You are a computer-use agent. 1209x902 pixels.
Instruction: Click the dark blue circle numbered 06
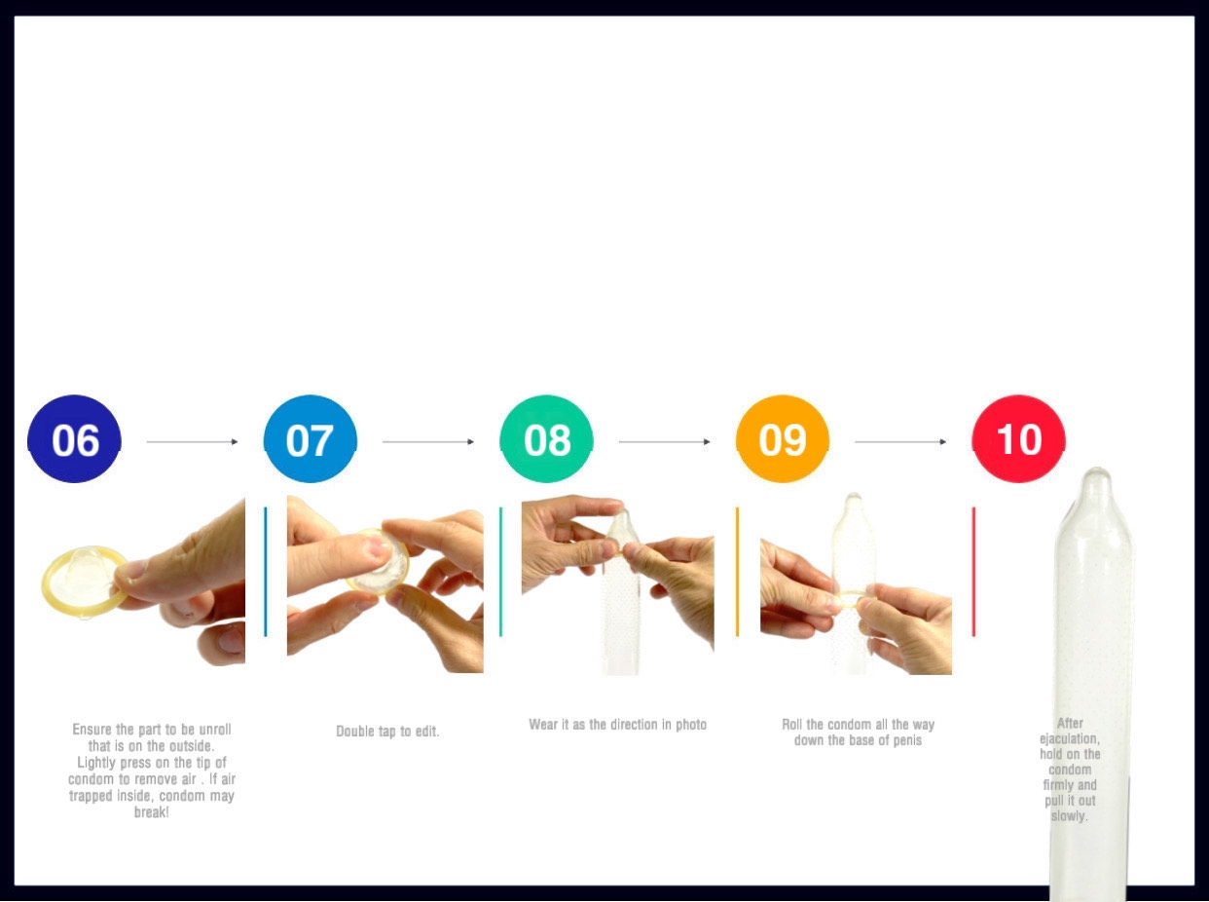pyautogui.click(x=74, y=439)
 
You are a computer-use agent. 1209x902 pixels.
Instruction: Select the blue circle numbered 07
pyautogui.click(x=311, y=439)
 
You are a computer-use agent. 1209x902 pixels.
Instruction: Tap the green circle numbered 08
pyautogui.click(x=546, y=439)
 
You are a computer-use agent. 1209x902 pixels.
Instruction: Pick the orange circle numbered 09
pyautogui.click(x=783, y=439)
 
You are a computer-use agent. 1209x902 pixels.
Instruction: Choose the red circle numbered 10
pyautogui.click(x=1019, y=439)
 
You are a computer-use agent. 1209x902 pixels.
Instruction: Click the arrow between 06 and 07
pyautogui.click(x=192, y=441)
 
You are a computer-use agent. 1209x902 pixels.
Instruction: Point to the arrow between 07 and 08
pyautogui.click(x=428, y=441)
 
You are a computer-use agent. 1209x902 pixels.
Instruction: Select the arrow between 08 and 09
pyautogui.click(x=664, y=441)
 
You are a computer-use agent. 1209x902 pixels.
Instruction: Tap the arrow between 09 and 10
pyautogui.click(x=900, y=441)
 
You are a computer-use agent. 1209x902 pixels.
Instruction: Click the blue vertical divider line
pyautogui.click(x=266, y=572)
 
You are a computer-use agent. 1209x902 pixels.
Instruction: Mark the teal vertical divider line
pyautogui.click(x=500, y=572)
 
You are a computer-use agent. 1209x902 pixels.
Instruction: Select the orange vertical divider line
pyautogui.click(x=738, y=572)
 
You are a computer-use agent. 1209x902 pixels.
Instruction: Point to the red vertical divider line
pyautogui.click(x=973, y=572)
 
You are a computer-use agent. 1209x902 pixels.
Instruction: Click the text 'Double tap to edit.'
pyautogui.click(x=387, y=732)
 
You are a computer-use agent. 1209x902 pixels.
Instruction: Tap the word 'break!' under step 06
pyautogui.click(x=152, y=812)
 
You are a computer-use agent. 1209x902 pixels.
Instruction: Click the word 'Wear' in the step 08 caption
pyautogui.click(x=542, y=724)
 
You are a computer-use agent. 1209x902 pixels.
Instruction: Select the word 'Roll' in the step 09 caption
pyautogui.click(x=792, y=724)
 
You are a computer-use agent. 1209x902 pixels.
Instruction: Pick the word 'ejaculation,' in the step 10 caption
pyautogui.click(x=1070, y=739)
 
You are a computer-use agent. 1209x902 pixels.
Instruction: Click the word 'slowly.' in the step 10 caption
pyautogui.click(x=1070, y=816)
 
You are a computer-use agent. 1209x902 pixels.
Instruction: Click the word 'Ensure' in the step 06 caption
pyautogui.click(x=92, y=729)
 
